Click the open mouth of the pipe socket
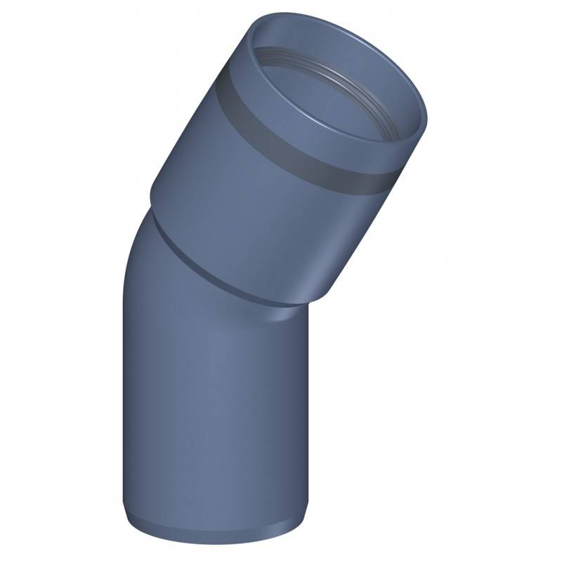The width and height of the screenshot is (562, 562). point(337,84)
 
